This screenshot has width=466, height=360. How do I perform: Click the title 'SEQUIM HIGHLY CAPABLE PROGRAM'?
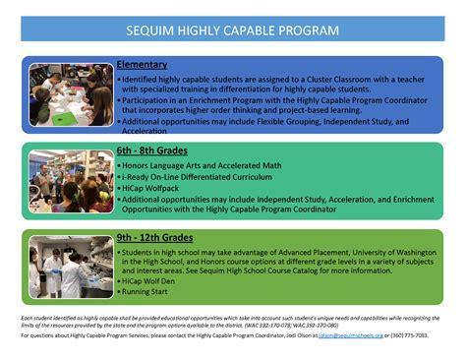tap(233, 30)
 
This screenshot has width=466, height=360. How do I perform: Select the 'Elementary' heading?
tap(142, 65)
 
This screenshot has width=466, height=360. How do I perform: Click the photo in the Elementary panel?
tap(70, 94)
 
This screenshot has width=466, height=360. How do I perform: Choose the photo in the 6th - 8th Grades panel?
tap(70, 181)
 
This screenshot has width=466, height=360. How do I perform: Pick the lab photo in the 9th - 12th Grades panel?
tap(70, 268)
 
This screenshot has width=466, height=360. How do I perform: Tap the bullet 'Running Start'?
tap(147, 293)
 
